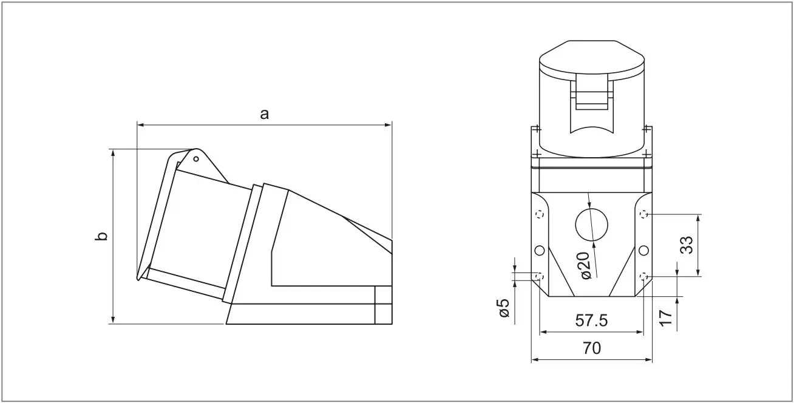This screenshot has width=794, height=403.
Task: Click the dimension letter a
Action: pos(265,115)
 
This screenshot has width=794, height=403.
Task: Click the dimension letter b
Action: pos(101,236)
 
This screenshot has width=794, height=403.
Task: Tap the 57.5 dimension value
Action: pos(591,320)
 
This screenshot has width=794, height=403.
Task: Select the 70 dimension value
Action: pos(592,348)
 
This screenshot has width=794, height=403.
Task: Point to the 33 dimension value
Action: pos(687,245)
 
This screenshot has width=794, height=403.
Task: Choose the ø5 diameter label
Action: pos(503,308)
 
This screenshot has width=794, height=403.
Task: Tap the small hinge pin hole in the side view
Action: pos(196,159)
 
